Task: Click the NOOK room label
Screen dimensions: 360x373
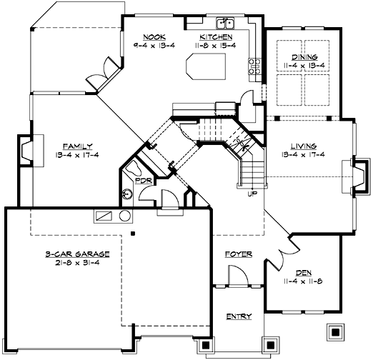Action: point(154,36)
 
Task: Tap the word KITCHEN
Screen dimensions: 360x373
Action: point(215,36)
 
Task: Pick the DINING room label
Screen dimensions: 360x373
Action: point(303,58)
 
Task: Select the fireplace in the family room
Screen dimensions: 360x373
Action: point(25,152)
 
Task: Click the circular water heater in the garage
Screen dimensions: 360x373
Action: point(124,216)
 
